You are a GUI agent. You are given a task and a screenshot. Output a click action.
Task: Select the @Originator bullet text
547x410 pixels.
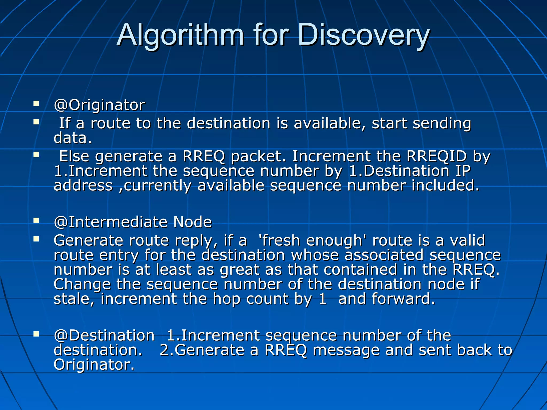99,105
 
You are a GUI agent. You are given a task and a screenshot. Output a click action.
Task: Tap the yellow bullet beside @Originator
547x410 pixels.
36,103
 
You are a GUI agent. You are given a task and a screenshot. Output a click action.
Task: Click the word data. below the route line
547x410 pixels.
73,138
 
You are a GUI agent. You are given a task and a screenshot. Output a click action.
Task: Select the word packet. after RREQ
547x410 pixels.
258,157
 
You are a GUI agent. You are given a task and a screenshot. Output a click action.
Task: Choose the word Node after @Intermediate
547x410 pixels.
192,222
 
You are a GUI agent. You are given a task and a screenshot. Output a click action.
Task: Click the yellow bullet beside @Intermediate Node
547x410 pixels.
36,220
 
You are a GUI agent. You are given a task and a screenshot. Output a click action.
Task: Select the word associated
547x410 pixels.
384,255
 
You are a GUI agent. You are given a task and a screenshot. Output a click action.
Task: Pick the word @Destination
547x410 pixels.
104,336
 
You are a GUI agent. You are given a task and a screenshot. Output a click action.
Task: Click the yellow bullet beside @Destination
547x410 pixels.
36,334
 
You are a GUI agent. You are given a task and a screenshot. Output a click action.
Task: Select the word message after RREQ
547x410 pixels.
346,350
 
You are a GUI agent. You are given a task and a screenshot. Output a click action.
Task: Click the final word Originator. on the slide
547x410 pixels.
94,365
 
